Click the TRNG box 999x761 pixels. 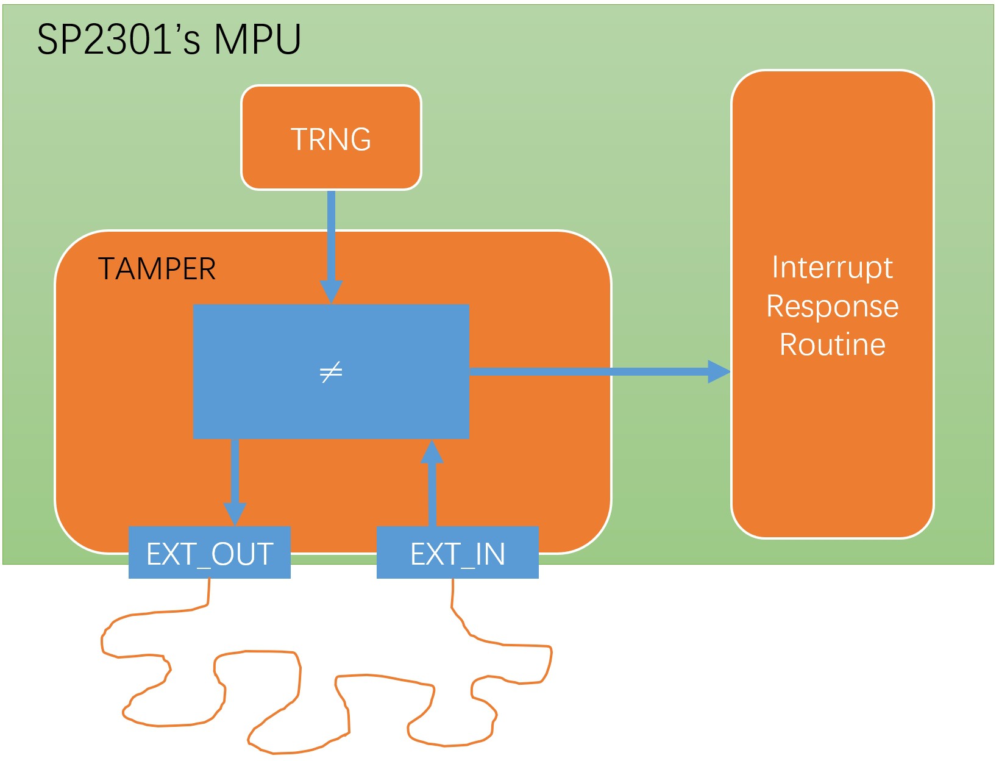pos(331,138)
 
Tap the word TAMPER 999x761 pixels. pos(157,269)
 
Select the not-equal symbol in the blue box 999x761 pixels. pos(331,371)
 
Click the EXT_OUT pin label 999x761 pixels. pos(209,554)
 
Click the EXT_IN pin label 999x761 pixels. pos(457,554)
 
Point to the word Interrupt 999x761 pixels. pos(832,267)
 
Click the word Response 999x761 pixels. pos(832,306)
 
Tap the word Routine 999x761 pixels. pos(832,345)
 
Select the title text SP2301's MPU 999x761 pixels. pos(169,40)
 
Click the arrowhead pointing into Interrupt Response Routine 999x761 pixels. pos(719,371)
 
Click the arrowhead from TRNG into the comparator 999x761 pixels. pos(331,291)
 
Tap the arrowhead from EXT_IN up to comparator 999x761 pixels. pos(432,452)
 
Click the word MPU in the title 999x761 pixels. pos(257,40)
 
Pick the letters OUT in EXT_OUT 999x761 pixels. pos(242,554)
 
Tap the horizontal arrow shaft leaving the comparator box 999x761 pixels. pos(585,371)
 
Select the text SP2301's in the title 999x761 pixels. pos(118,40)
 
